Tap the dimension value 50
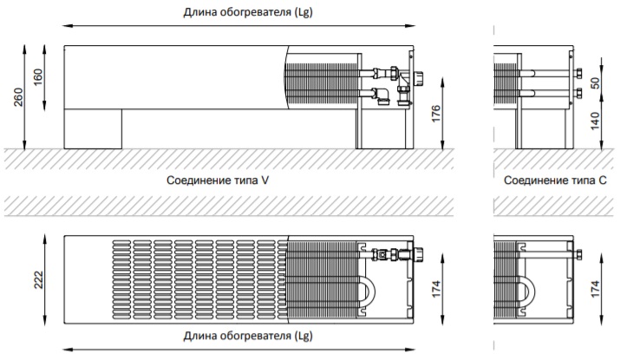point(594,82)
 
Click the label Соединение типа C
point(555,181)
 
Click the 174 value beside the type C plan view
point(594,289)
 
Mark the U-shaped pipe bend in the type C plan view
point(528,295)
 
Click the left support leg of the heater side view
point(94,128)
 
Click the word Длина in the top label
point(200,13)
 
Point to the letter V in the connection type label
point(277,181)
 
